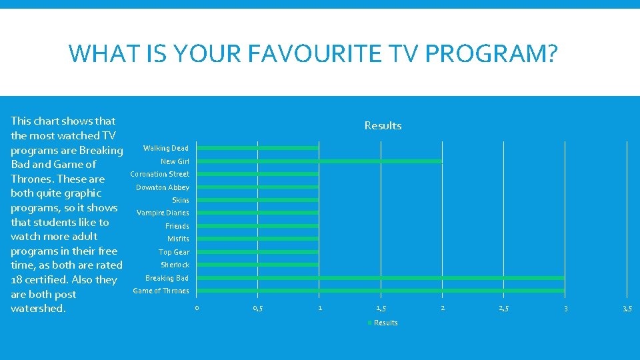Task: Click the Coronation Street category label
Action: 159,174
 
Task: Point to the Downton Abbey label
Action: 163,187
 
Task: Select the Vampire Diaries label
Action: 163,213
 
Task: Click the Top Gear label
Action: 174,252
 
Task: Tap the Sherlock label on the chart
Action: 175,265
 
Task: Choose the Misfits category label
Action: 178,239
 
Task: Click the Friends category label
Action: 177,226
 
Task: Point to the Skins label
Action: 181,200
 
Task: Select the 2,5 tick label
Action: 504,308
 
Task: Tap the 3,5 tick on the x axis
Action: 627,308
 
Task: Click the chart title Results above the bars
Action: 383,125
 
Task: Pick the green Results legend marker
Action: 370,323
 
